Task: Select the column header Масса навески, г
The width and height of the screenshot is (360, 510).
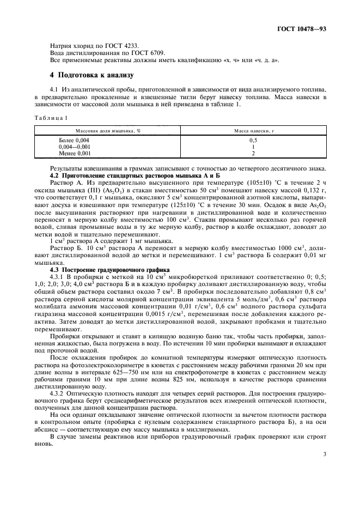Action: [x=253, y=131]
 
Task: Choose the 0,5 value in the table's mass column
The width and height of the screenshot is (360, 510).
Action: [x=253, y=141]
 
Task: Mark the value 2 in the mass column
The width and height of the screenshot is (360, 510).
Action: [x=253, y=153]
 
